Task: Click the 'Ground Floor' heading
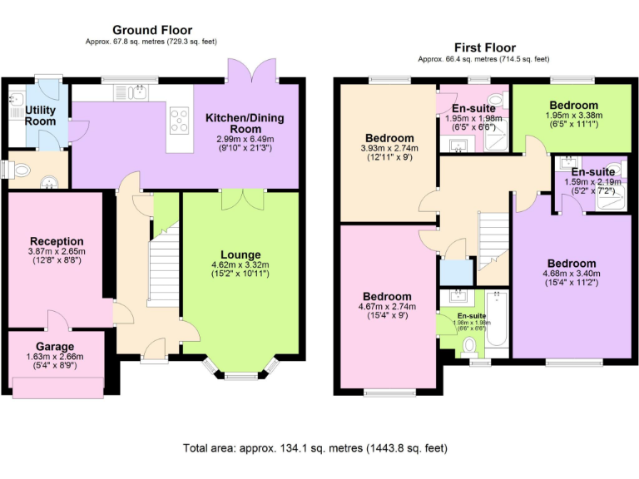coord(151,30)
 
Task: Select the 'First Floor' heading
coord(484,47)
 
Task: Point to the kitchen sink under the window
coord(140,92)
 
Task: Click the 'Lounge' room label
coord(240,254)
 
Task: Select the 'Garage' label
coord(55,346)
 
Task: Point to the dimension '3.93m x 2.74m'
coord(389,149)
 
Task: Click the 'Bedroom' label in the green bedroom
coord(572,105)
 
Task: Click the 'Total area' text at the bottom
coord(315,448)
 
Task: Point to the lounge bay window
coord(240,373)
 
